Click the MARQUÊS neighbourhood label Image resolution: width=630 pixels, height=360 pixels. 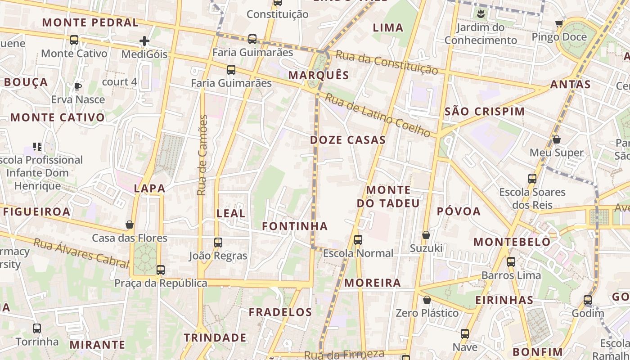click(319, 75)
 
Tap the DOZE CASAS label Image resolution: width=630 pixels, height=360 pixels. click(348, 140)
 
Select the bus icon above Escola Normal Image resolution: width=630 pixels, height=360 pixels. click(358, 240)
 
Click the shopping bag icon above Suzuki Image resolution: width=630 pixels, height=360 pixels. click(426, 235)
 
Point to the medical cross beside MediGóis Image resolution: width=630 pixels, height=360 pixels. click(144, 41)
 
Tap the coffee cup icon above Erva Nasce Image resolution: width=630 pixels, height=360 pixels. click(78, 86)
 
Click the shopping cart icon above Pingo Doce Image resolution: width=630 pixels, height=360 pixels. click(559, 23)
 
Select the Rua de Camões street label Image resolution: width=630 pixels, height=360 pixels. click(202, 155)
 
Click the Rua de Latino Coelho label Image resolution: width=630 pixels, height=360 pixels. click(378, 115)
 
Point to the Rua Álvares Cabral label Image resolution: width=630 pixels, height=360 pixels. click(81, 252)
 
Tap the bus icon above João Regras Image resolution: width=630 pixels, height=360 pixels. click(218, 243)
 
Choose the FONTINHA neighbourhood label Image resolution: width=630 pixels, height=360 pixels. click(295, 226)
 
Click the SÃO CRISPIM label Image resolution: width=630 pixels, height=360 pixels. click(485, 112)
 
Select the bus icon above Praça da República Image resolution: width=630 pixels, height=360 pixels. click(161, 270)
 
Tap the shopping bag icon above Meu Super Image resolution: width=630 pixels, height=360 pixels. click(557, 139)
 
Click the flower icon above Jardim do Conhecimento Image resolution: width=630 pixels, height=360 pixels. click(481, 13)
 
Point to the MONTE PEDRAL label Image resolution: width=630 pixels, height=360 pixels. click(90, 22)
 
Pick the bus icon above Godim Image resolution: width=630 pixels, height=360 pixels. click(588, 300)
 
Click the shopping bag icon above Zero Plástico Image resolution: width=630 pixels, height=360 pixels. click(427, 300)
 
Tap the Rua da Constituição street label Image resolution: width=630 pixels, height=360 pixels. click(387, 63)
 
